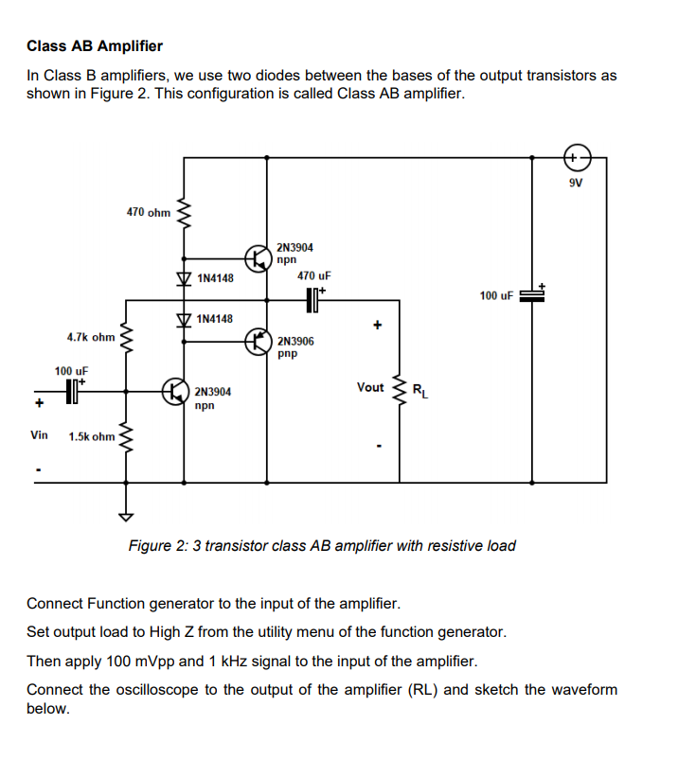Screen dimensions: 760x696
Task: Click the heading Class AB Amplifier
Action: point(95,45)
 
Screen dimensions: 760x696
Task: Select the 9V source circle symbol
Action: point(577,156)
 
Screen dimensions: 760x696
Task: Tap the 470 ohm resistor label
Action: point(148,213)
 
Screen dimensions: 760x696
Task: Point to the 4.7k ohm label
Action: point(91,337)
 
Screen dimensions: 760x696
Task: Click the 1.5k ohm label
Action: point(92,436)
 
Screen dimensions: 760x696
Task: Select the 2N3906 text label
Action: point(296,341)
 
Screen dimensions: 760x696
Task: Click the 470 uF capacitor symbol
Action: point(313,300)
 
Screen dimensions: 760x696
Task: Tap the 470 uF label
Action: point(313,275)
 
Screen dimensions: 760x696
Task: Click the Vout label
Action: point(370,387)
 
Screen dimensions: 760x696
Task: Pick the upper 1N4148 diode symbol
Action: point(183,278)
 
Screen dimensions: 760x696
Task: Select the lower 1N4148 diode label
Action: point(215,319)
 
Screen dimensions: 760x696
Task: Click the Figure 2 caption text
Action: point(322,546)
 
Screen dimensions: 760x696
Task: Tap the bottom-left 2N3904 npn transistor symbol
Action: point(174,391)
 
